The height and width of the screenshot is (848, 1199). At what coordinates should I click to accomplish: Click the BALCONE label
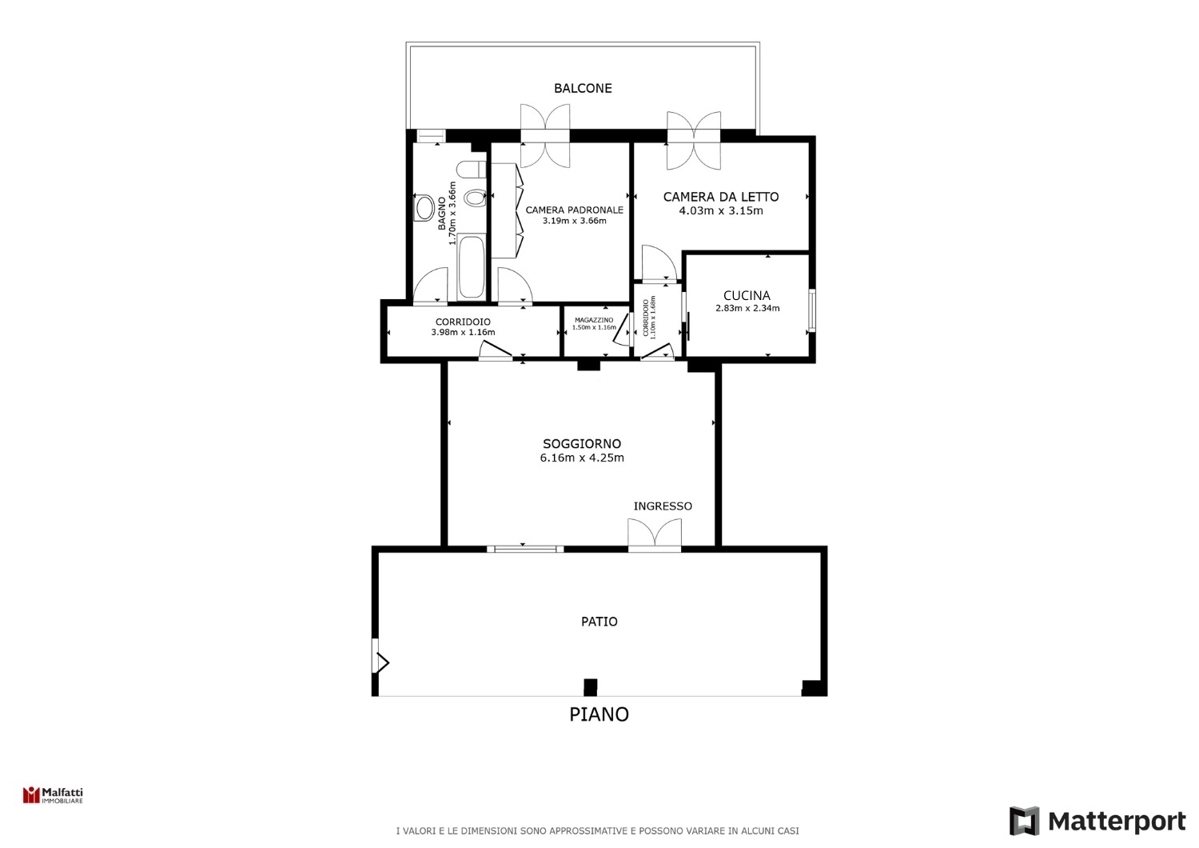click(583, 88)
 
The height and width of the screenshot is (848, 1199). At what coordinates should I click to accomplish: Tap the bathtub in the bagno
click(471, 266)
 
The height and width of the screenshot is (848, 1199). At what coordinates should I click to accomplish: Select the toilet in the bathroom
click(471, 170)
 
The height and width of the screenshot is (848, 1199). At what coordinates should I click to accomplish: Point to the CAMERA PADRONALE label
click(575, 210)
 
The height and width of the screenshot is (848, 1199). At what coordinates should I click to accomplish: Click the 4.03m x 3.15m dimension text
click(721, 210)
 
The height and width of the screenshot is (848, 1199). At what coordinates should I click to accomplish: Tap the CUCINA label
click(747, 295)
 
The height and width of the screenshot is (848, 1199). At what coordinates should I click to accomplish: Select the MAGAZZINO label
click(594, 320)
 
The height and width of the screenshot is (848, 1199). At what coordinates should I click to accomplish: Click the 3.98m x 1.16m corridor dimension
click(463, 332)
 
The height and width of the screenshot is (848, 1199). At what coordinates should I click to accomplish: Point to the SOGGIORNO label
click(582, 443)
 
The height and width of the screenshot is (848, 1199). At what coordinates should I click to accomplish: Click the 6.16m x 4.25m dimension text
click(582, 458)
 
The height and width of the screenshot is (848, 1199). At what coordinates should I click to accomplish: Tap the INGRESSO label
click(663, 506)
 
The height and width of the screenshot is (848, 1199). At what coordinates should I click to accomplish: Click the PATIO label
click(599, 622)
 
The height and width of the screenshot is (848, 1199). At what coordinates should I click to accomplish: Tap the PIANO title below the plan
click(599, 714)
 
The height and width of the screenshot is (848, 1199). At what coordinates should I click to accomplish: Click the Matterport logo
click(1097, 822)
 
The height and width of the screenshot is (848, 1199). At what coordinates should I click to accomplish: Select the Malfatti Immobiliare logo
click(53, 795)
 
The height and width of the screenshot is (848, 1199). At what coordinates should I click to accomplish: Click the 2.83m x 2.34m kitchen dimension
click(747, 309)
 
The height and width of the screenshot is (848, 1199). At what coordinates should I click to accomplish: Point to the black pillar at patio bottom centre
click(590, 687)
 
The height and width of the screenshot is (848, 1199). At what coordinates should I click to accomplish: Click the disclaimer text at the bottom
click(597, 831)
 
